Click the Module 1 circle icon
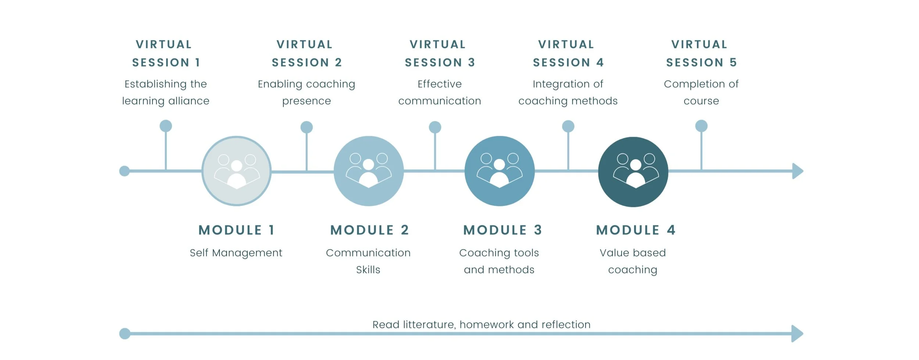click(x=237, y=171)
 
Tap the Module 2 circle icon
click(x=369, y=171)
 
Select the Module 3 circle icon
click(x=500, y=171)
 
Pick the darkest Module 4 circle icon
click(x=633, y=172)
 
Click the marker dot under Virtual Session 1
click(x=166, y=126)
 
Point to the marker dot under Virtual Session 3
click(x=435, y=127)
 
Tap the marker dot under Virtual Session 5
click(x=701, y=126)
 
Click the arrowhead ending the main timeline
click(x=797, y=171)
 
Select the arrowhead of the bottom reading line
click(x=797, y=334)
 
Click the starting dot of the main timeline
click(x=125, y=171)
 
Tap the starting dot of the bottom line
click(x=125, y=334)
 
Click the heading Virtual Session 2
click(x=306, y=53)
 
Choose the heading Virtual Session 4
click(x=568, y=53)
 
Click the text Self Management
click(x=236, y=253)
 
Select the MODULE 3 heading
click(x=503, y=230)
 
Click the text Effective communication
click(x=440, y=92)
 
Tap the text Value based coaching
click(x=633, y=261)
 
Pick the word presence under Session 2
click(x=307, y=101)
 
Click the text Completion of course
click(x=701, y=92)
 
